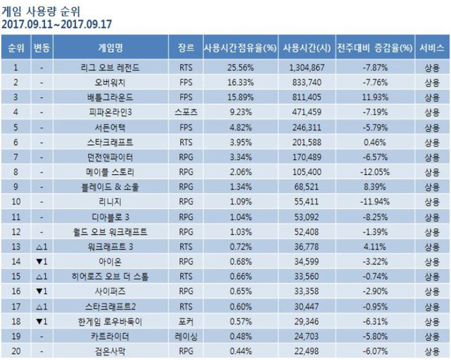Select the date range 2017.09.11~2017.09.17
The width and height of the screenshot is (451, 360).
56,25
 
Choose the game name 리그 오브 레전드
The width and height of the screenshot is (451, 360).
111,66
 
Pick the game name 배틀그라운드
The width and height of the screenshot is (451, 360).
111,96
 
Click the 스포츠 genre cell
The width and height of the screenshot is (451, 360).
185,111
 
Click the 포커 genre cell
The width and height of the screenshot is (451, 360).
185,322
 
